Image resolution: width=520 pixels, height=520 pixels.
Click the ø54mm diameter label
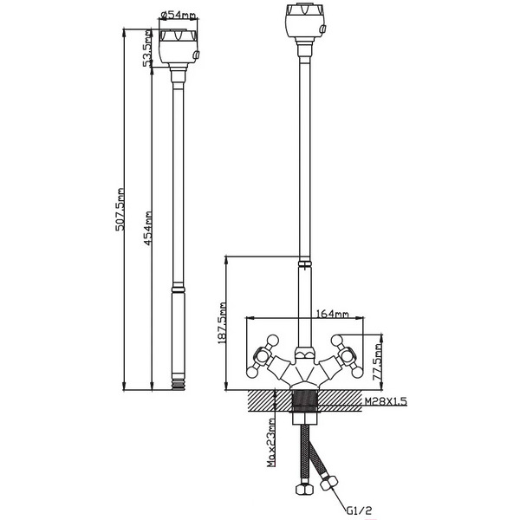178,15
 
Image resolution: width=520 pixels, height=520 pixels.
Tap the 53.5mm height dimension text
147,49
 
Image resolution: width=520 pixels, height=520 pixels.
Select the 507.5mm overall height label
120,209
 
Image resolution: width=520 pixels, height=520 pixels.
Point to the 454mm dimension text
147,229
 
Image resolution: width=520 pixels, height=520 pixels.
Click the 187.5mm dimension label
222,322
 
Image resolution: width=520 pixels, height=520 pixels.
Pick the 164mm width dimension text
333,314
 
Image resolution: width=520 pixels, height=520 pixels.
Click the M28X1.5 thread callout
386,401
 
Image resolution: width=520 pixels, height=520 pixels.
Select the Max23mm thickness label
271,442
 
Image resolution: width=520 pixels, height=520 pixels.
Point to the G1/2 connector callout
360,510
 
